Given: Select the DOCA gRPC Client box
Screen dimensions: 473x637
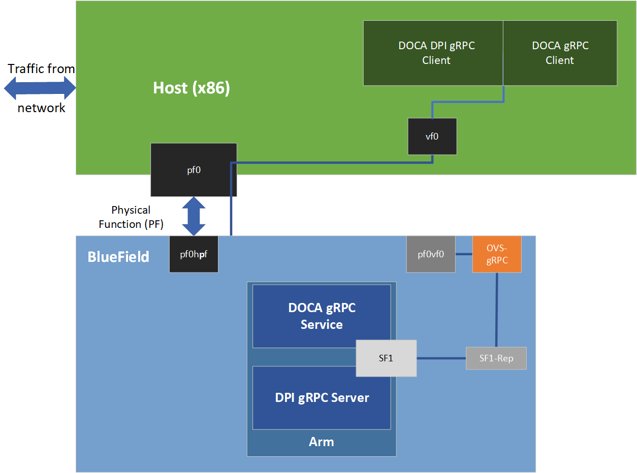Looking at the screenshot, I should click(560, 53).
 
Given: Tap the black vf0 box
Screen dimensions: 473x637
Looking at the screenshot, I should click(432, 137).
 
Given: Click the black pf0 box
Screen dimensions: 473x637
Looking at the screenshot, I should click(194, 170).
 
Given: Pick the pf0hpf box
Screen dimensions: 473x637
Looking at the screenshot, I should click(194, 254).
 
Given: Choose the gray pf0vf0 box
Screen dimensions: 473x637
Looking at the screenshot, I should click(431, 254).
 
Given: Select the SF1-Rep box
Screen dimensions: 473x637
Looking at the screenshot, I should click(496, 358).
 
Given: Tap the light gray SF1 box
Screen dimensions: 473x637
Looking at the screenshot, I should click(386, 358).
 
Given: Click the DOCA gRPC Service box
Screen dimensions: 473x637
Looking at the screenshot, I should click(322, 316).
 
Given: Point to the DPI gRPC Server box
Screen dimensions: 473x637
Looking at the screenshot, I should click(322, 398).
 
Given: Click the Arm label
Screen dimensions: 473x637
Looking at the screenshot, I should click(322, 442).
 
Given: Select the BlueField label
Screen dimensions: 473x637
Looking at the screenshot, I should click(118, 257).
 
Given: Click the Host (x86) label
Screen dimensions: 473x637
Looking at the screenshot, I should click(192, 88).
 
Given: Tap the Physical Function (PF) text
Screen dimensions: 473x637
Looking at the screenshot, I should click(131, 217).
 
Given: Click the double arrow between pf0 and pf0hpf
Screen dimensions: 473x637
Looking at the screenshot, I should click(194, 216).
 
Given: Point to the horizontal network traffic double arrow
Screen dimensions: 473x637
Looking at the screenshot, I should click(40, 88).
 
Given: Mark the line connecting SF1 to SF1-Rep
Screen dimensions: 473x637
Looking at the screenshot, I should click(441, 358).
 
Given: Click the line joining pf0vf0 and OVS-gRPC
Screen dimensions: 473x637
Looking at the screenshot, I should click(464, 254).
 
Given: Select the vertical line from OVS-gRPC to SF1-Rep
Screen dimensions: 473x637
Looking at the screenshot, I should click(496, 310).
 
